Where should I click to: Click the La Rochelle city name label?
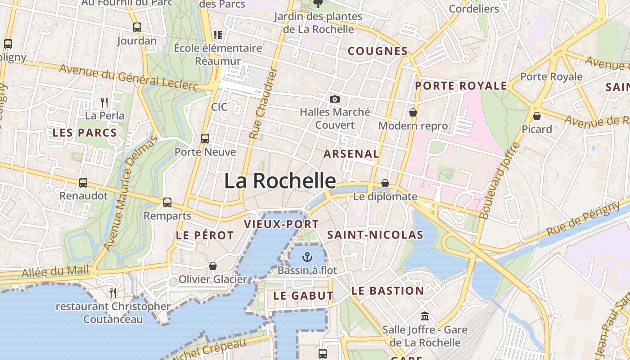280,181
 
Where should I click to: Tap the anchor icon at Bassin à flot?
307,257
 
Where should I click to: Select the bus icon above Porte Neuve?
205,139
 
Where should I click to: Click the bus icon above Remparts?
167,202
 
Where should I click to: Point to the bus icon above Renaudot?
83,183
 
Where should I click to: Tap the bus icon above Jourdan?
137,27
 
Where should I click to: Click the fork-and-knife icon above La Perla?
104,102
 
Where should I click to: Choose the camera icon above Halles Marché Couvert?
334,99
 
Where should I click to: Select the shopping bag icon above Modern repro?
413,112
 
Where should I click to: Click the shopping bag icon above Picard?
536,116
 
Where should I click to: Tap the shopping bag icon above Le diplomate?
385,183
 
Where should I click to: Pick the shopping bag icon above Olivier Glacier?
213,266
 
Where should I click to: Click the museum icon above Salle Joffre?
424,316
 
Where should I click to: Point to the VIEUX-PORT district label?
281,224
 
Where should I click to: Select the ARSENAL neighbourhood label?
351,154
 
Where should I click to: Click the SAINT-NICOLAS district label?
375,235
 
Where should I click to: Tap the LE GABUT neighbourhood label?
303,296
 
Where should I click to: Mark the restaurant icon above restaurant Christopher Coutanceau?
113,293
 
